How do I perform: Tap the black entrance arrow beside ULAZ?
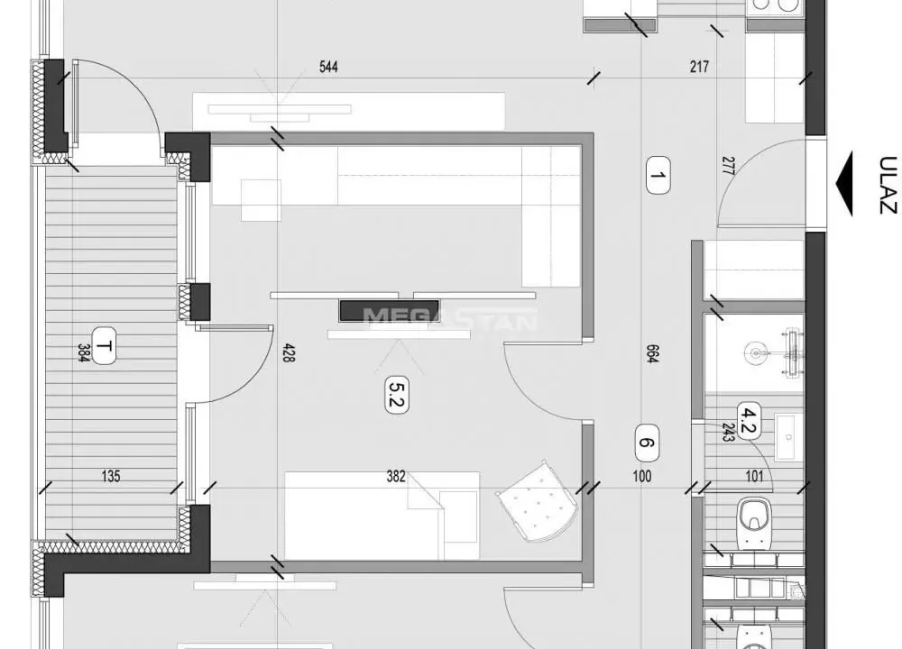pyautogui.click(x=845, y=184)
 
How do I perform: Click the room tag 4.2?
pyautogui.click(x=747, y=420)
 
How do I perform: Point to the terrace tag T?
pyautogui.click(x=105, y=347)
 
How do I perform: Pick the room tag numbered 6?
pyautogui.click(x=646, y=442)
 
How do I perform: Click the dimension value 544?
pyautogui.click(x=328, y=67)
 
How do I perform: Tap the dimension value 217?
pyautogui.click(x=699, y=67)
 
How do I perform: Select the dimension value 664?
pyautogui.click(x=651, y=354)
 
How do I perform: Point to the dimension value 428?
pyautogui.click(x=290, y=353)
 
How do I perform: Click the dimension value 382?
pyautogui.click(x=396, y=477)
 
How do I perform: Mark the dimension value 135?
pyautogui.click(x=111, y=477)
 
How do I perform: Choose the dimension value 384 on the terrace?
pyautogui.click(x=82, y=353)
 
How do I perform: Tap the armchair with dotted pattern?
pyautogui.click(x=537, y=503)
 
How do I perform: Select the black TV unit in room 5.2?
pyautogui.click(x=370, y=310)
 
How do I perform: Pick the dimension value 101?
pyautogui.click(x=755, y=477)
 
